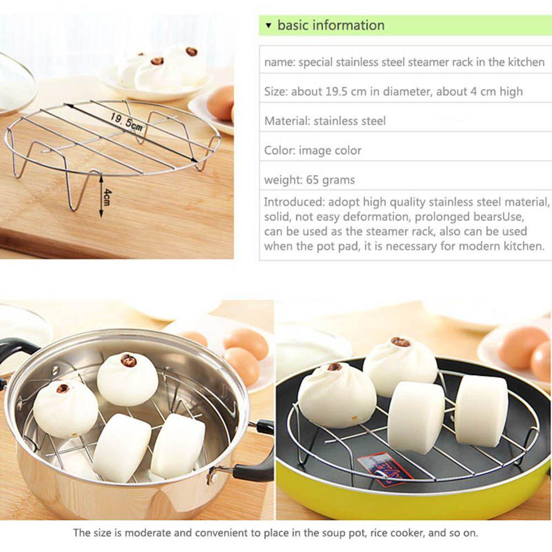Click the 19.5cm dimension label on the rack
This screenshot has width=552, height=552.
coord(126,121)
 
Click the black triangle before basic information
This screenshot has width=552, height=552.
coord(268,25)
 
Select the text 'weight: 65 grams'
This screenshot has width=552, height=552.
coord(309,180)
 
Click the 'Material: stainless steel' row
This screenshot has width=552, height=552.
coord(325,121)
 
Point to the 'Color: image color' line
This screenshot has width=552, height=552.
coord(312,150)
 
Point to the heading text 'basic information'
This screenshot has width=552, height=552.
coord(331,25)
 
